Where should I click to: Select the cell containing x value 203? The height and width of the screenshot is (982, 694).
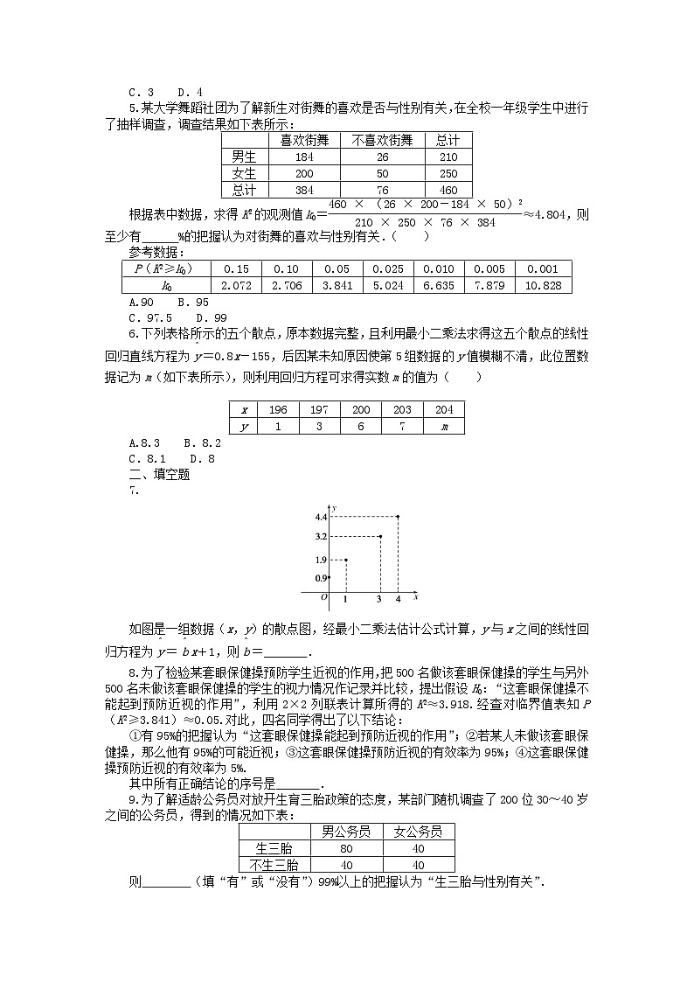click(402, 410)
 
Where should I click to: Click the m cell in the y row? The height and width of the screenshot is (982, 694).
click(443, 427)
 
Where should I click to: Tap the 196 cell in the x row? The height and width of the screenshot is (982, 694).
click(278, 410)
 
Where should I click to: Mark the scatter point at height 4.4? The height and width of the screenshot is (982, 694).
click(399, 517)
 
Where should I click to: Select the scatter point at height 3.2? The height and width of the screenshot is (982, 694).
click(379, 536)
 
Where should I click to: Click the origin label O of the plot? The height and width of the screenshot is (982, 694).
click(323, 597)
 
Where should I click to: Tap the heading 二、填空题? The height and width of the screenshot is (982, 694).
click(159, 475)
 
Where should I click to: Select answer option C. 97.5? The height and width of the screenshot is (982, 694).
click(149, 318)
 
